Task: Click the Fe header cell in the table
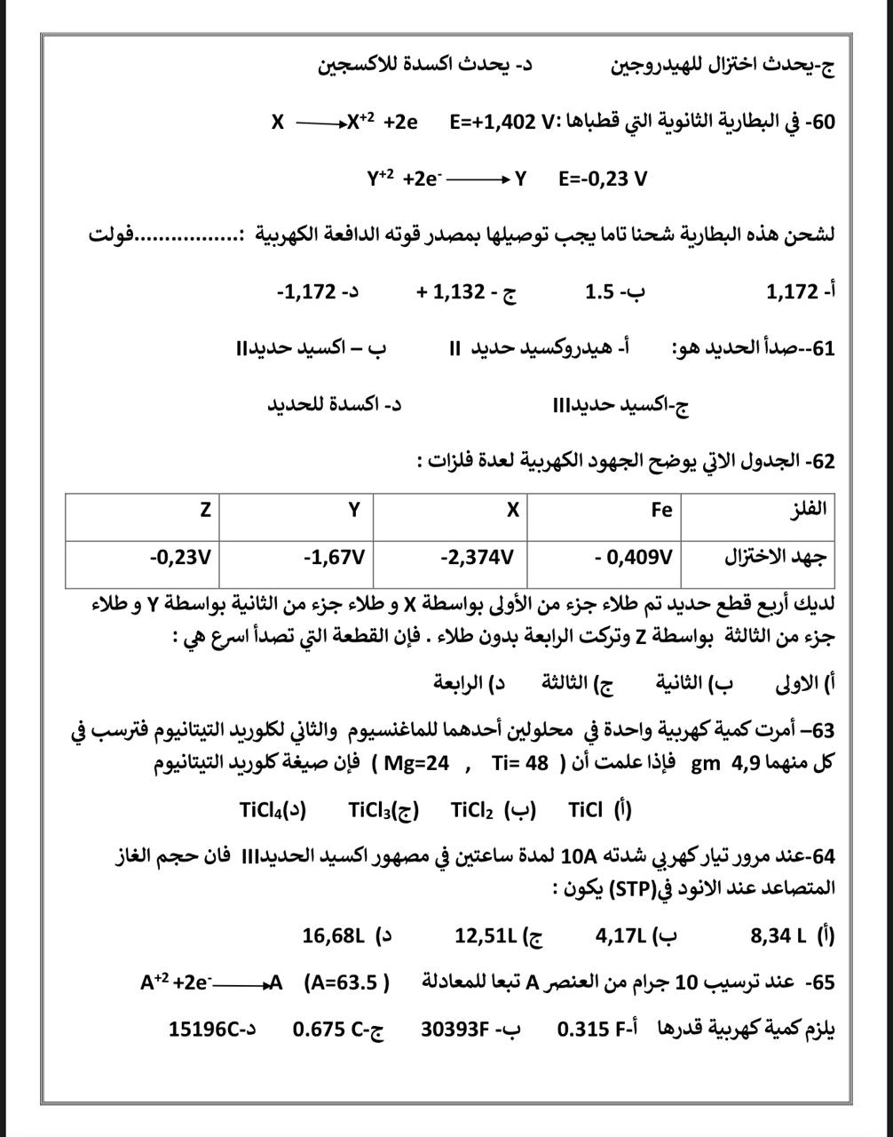coord(661,509)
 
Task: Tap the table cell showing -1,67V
coord(334,558)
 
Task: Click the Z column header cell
coord(205,509)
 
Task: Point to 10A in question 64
coord(578,857)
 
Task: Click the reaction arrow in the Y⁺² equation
coord(478,179)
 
